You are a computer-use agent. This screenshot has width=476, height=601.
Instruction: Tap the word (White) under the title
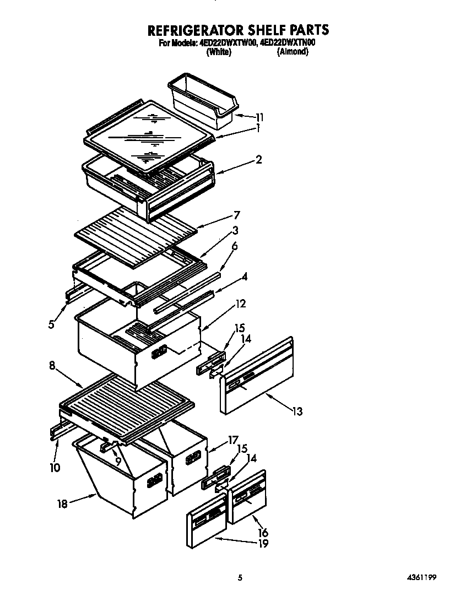click(218, 52)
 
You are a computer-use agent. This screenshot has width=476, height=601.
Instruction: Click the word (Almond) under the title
click(292, 52)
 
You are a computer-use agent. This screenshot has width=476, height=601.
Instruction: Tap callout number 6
click(234, 247)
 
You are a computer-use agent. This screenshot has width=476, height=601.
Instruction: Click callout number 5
click(51, 324)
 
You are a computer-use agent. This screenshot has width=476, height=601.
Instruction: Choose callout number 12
click(240, 304)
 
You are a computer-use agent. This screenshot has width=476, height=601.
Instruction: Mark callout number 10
click(56, 467)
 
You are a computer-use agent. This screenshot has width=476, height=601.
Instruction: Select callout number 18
click(63, 503)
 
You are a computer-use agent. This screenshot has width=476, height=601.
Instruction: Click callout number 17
click(233, 440)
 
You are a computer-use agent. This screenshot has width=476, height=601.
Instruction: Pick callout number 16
click(263, 532)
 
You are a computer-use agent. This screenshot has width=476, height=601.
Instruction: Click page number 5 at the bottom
click(240, 577)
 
